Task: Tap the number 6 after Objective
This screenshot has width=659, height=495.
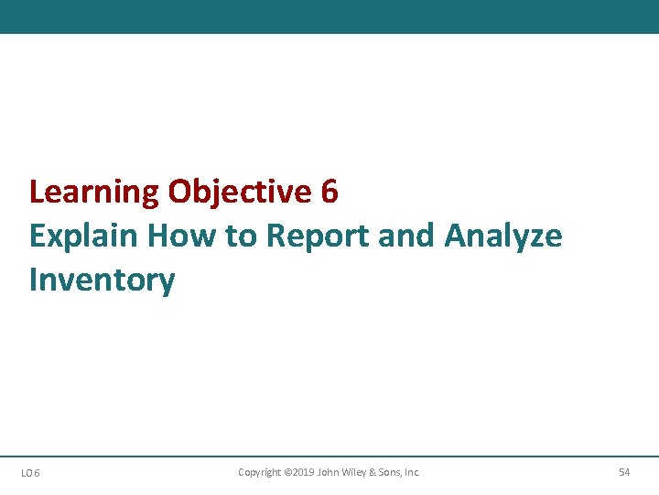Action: tap(329, 192)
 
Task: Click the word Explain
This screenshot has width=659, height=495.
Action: tap(84, 236)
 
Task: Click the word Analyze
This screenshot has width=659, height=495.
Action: tap(503, 236)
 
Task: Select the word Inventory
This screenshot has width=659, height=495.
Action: tap(102, 280)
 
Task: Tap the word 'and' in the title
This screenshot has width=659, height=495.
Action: tap(407, 236)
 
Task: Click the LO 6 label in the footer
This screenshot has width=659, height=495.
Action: tap(30, 473)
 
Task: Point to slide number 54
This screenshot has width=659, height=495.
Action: tap(624, 472)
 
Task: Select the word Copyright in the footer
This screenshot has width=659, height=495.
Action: tap(259, 472)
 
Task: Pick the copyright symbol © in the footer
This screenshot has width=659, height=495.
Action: tap(286, 472)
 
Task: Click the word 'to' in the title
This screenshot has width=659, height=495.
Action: tap(241, 236)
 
